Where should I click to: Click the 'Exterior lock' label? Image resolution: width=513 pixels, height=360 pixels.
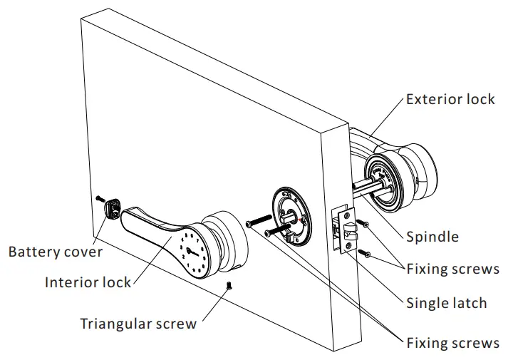(x=450, y=99)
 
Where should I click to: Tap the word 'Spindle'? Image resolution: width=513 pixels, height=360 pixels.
(x=432, y=237)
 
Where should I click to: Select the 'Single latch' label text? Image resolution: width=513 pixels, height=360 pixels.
(x=446, y=303)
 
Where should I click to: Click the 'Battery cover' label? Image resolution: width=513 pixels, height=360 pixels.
(x=56, y=252)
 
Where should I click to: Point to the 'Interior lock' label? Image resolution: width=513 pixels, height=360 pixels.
(x=88, y=282)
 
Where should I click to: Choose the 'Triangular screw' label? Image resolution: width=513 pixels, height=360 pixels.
(x=138, y=324)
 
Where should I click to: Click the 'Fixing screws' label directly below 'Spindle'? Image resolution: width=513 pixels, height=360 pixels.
(x=452, y=269)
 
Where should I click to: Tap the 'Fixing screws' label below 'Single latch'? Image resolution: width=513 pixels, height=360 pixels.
(x=452, y=343)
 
